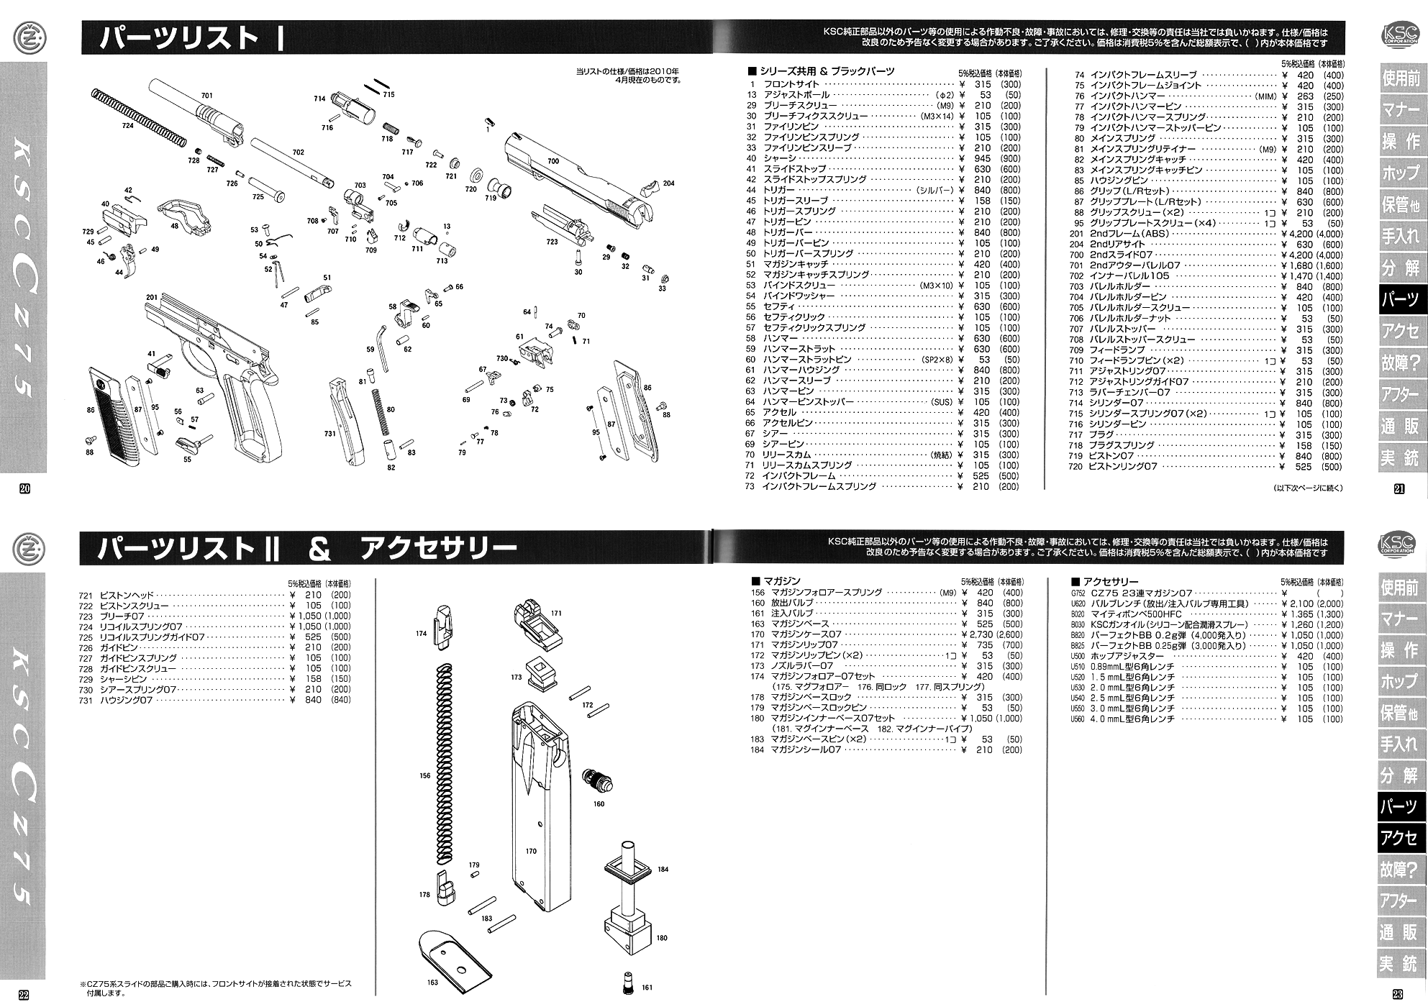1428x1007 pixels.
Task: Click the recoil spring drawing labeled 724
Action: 137,116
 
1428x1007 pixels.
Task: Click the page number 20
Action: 24,488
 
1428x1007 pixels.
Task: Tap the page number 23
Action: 1397,995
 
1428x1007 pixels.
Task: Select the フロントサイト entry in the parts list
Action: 792,85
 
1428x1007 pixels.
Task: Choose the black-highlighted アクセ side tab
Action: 1399,838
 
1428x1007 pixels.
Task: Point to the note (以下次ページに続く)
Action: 1306,488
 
